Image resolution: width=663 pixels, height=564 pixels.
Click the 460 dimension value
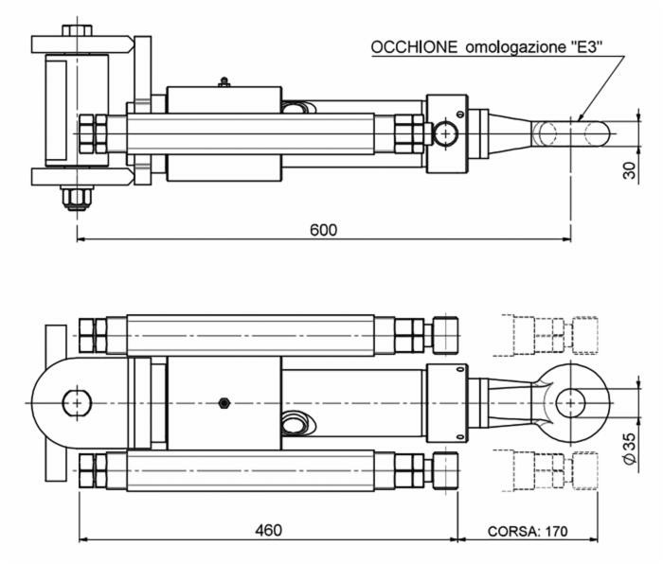[268, 531]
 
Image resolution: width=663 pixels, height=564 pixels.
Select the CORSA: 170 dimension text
[528, 531]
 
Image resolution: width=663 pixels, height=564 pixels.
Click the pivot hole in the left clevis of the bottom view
[74, 402]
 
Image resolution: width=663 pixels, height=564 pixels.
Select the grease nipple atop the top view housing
[223, 81]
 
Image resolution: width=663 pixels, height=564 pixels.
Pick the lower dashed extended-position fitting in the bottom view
[554, 469]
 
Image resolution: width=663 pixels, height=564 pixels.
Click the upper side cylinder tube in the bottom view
[260, 333]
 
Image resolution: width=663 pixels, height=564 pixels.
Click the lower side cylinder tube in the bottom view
[260, 469]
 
